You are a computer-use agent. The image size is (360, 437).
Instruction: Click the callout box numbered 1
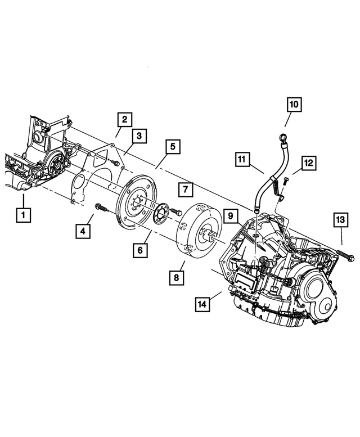click(x=23, y=214)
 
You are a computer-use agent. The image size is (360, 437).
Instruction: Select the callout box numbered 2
click(x=124, y=119)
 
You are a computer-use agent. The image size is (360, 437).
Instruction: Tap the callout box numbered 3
click(x=139, y=135)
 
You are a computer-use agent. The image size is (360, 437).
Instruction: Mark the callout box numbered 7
click(x=186, y=190)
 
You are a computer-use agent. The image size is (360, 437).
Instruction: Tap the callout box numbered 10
click(x=294, y=104)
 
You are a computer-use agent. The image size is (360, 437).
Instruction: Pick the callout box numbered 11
click(x=242, y=160)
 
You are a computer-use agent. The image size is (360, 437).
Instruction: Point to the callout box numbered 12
click(x=308, y=163)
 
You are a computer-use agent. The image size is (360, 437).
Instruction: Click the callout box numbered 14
click(x=201, y=304)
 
